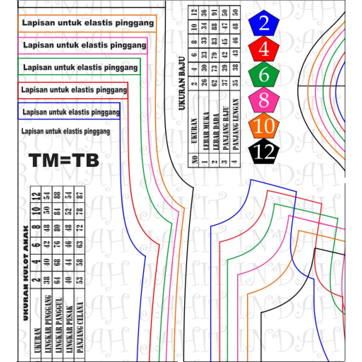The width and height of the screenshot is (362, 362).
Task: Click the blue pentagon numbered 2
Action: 264,24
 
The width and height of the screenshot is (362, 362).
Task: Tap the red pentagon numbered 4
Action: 264,49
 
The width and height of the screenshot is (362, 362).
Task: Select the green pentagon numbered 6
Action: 264,75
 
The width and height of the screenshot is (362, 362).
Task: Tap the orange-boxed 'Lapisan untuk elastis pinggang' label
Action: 88,23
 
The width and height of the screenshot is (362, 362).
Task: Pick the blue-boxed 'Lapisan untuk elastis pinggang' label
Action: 71,112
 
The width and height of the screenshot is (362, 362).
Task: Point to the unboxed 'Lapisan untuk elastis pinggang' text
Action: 66,132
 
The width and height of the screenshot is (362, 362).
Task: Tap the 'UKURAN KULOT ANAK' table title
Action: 25,273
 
